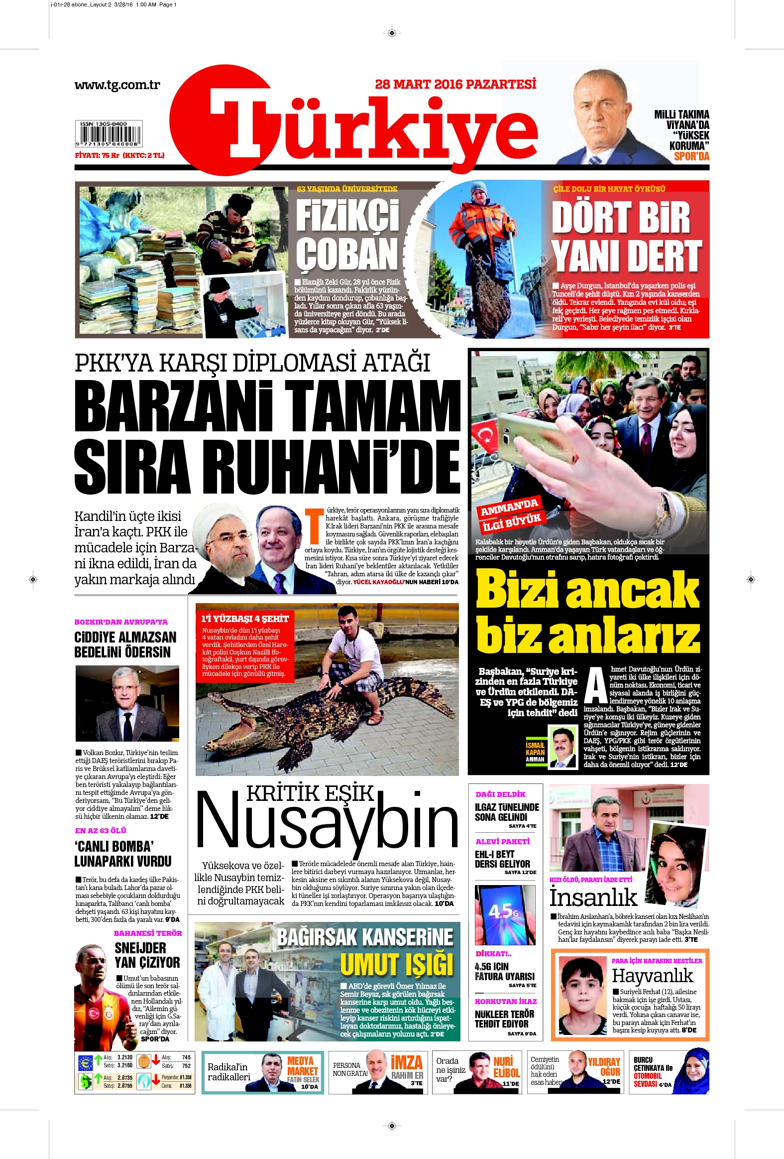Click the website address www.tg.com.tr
click(117, 85)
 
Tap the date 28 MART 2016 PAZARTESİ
click(455, 84)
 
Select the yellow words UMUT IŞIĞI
click(397, 964)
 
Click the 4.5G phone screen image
click(504, 915)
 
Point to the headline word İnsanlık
click(593, 898)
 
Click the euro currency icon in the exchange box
click(86, 1063)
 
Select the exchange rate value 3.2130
click(124, 1057)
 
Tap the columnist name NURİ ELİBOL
click(506, 1067)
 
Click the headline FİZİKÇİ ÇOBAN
click(347, 234)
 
